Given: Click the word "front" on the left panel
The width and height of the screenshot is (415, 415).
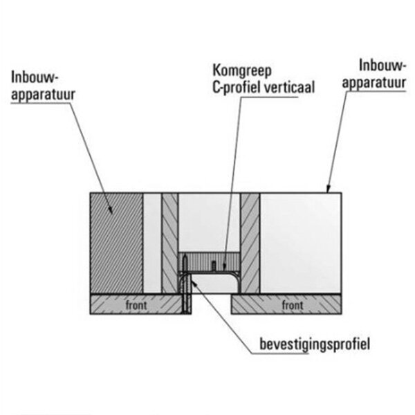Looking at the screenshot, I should (136, 304).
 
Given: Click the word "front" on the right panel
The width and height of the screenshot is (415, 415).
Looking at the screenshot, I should (292, 304).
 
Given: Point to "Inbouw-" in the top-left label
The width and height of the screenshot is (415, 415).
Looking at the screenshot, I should (36, 76).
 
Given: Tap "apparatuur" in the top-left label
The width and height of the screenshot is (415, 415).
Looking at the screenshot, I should (44, 92).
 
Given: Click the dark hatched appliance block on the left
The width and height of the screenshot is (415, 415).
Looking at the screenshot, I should (116, 242).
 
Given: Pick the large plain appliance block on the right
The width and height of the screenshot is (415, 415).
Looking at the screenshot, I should (301, 242).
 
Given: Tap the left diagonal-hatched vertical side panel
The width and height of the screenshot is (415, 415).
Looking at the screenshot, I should (169, 242).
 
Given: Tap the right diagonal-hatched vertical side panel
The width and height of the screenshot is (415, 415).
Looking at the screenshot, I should (250, 242).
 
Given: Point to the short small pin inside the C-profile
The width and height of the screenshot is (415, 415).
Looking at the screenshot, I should (215, 265).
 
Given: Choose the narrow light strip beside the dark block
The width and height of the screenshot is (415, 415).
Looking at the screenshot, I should (151, 242).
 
